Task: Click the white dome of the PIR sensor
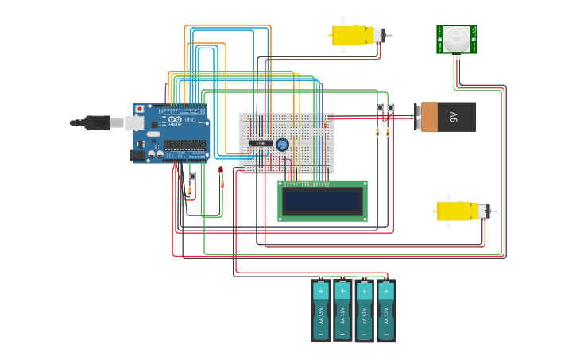(456, 37)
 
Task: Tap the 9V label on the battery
(454, 117)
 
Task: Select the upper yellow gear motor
(351, 35)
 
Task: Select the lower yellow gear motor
(455, 211)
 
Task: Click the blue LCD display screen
(322, 201)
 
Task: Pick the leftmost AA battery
(321, 311)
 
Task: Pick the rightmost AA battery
(386, 311)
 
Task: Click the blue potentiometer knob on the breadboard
(282, 145)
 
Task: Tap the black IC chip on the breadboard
(261, 143)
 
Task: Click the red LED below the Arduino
(221, 170)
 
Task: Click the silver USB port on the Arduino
(135, 122)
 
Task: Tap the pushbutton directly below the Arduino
(191, 176)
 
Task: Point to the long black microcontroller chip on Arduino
(184, 145)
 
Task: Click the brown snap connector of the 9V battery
(428, 117)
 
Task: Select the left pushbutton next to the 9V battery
(380, 107)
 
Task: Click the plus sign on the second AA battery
(342, 292)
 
